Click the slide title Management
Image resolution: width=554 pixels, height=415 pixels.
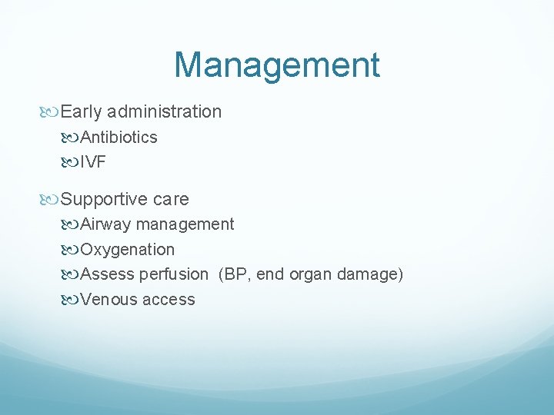pos(277,65)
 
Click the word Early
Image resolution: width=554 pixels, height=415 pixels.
pos(82,112)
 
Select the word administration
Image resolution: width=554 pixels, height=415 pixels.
pos(165,112)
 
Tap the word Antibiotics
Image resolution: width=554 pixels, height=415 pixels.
pos(119,138)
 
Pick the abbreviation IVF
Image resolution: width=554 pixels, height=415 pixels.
pos(93,162)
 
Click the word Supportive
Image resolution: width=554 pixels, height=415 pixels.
pos(104,200)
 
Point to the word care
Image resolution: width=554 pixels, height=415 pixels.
pos(170,200)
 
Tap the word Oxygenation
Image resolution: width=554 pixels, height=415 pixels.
pos(128,250)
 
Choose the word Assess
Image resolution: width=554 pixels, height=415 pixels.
pos(107,274)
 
